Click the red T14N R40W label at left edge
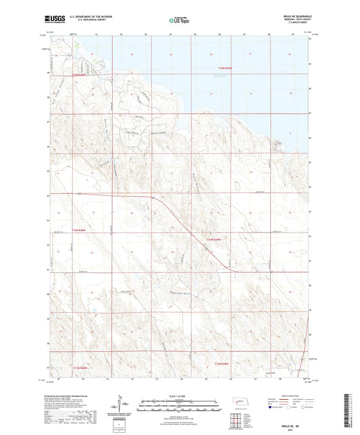[61, 232]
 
